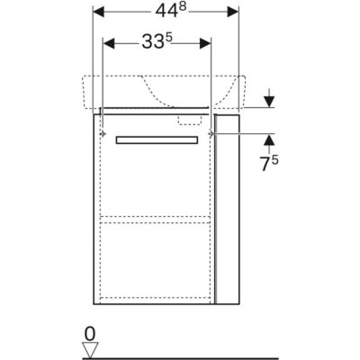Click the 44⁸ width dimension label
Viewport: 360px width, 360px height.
tap(171, 11)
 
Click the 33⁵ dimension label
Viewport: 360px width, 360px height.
tap(157, 41)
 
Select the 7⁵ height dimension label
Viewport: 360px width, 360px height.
tap(269, 164)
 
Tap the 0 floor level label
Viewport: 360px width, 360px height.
tap(90, 334)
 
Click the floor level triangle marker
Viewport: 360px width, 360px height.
tap(90, 348)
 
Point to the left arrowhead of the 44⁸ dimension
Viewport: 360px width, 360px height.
tap(99, 12)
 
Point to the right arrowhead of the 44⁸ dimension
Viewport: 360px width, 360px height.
tap(233, 12)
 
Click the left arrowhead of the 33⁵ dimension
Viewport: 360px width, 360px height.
tap(109, 43)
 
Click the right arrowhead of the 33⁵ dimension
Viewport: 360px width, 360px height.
tap(205, 43)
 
